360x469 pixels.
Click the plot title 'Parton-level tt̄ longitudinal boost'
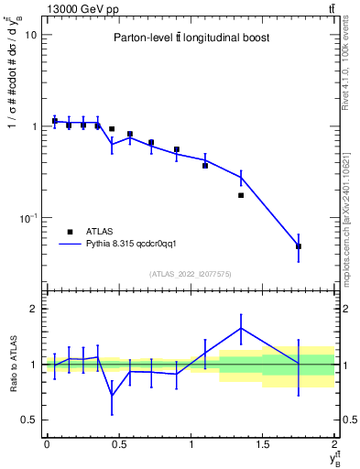[191, 38]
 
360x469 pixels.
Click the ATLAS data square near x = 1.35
[241, 195]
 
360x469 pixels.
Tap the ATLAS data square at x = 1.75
[299, 246]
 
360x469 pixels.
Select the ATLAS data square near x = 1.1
[205, 166]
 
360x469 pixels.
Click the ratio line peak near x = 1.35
[241, 328]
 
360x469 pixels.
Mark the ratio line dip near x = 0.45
[112, 395]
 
